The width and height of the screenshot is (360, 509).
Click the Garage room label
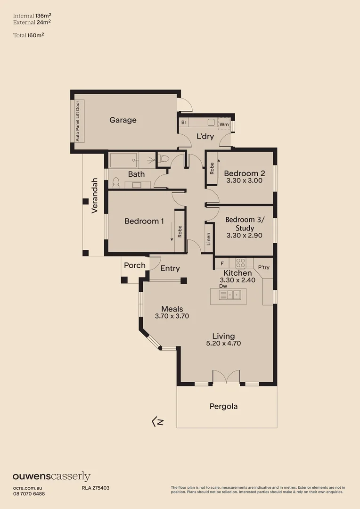(123, 120)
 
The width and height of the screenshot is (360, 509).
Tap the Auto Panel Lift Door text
(78, 121)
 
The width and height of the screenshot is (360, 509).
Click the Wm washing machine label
(224, 124)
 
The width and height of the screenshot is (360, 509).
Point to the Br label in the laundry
(184, 123)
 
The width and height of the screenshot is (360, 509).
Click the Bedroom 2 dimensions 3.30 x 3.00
(244, 181)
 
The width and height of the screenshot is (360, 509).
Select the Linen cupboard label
(208, 239)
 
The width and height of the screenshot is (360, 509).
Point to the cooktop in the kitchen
(241, 263)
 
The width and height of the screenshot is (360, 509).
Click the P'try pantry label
(264, 267)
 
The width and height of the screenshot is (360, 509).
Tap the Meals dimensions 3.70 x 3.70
(172, 316)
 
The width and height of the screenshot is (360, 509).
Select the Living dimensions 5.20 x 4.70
(223, 343)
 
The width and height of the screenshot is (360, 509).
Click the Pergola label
(224, 406)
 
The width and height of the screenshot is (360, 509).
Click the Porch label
(135, 265)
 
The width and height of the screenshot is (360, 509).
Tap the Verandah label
(95, 196)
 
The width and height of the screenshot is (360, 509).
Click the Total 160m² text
(28, 35)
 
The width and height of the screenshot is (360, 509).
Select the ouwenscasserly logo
(51, 476)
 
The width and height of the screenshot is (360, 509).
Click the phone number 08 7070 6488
(29, 493)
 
